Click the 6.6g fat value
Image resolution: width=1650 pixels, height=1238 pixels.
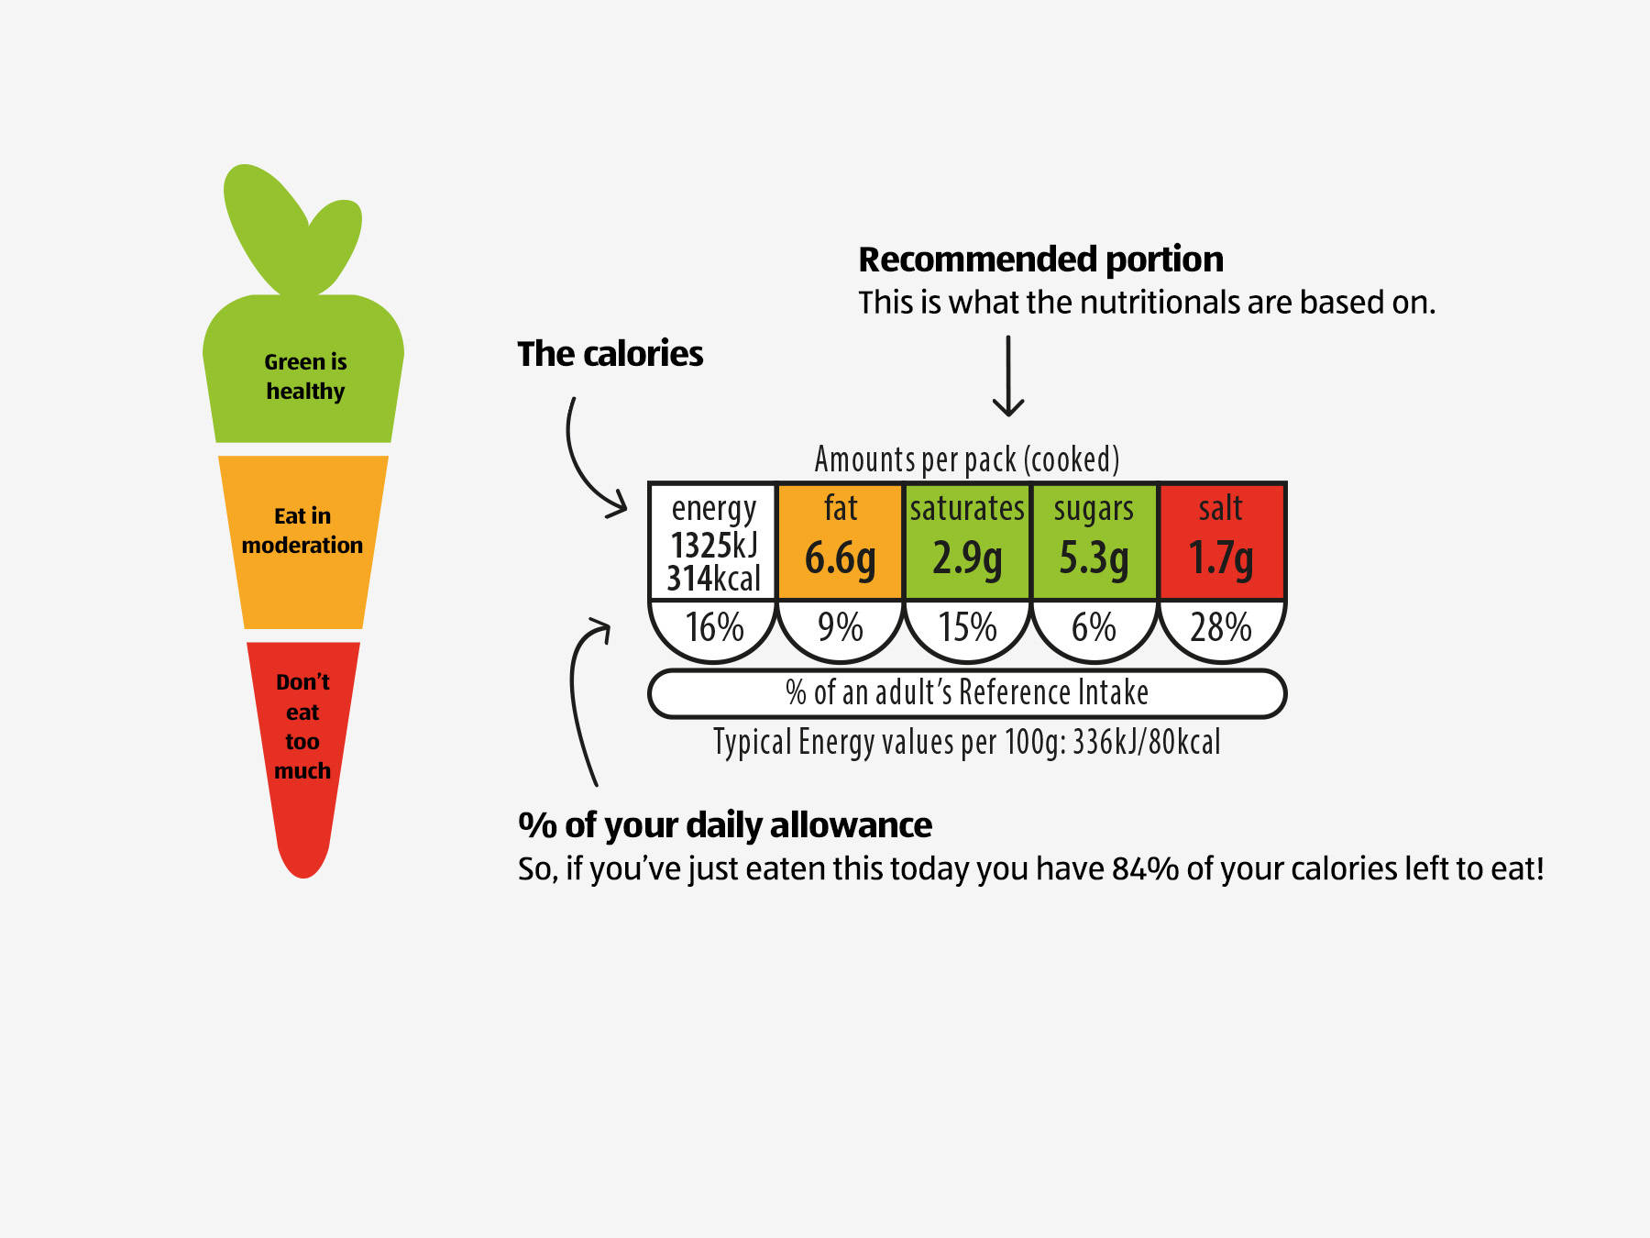coord(840,558)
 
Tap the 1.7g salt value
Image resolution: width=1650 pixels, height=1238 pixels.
coord(1221,558)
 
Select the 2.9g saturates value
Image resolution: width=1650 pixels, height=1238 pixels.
coord(967,558)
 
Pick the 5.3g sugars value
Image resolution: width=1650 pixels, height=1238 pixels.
coord(1094,558)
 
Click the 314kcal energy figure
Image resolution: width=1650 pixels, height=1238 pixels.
coord(713,580)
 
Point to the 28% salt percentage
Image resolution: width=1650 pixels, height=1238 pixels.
coord(1221,628)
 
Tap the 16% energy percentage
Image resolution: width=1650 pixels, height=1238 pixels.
coord(714,628)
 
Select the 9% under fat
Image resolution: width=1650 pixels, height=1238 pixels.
coord(840,628)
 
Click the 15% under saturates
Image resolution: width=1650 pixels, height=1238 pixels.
coord(967,628)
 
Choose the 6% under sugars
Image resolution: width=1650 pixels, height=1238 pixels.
coord(1094,628)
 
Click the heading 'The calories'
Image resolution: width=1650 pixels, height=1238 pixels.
coord(610,354)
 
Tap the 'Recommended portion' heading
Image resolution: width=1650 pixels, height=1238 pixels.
coord(1040,260)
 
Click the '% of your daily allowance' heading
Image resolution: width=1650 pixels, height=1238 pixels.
coord(725,825)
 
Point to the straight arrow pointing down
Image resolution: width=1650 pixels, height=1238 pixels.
coord(1008,376)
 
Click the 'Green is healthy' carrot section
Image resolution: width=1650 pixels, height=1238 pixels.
coord(304,376)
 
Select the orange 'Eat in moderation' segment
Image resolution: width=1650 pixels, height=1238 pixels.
coord(302,541)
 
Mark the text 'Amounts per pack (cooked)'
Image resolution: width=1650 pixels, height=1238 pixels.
coord(967,459)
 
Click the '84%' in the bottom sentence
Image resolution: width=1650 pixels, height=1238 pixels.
coord(1144,868)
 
